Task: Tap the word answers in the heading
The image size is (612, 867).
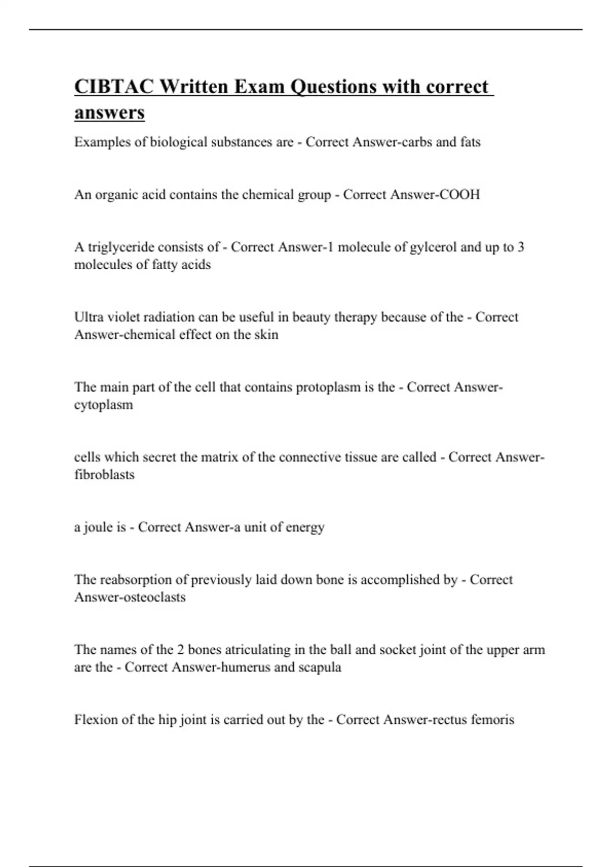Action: [109, 113]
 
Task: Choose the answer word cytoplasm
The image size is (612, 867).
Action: [104, 405]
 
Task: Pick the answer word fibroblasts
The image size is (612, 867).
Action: [105, 475]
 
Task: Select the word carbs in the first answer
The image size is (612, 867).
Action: [415, 142]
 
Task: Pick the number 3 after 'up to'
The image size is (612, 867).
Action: [520, 247]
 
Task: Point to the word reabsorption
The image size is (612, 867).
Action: [135, 580]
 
